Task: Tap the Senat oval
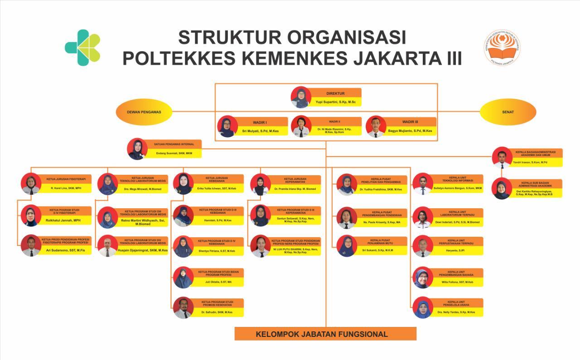508,111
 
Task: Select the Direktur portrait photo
300,97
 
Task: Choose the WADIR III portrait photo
376,126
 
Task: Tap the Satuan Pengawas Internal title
175,144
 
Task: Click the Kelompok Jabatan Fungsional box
325,334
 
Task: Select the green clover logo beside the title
83,48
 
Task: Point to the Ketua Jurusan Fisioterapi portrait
31,184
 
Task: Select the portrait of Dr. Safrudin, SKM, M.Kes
184,308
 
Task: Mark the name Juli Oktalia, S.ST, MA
217,282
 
